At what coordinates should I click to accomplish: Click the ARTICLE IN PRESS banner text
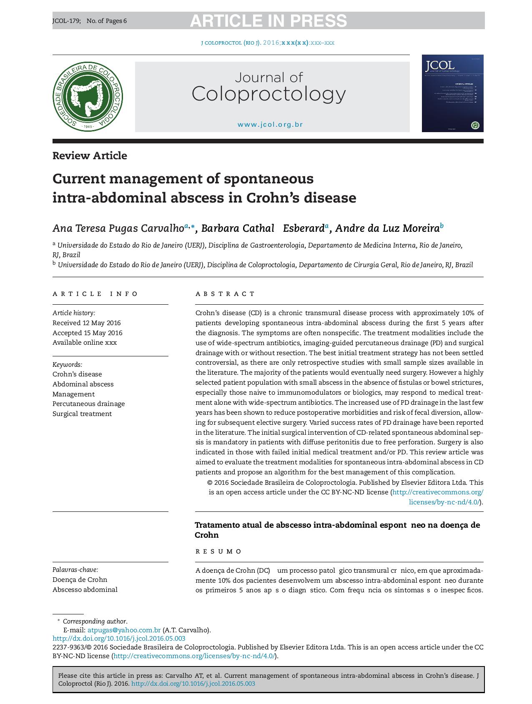[x=268, y=20]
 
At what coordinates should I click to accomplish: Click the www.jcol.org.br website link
[x=270, y=124]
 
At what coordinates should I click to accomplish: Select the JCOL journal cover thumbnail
[x=452, y=93]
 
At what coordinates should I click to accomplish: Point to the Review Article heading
[x=90, y=155]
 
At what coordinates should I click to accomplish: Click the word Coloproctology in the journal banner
[x=269, y=94]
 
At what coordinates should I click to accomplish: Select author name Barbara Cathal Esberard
[x=263, y=228]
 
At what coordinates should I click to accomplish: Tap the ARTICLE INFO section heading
[x=95, y=294]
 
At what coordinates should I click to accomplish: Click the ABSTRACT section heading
[x=225, y=294]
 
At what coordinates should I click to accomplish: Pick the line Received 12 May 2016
[x=87, y=323]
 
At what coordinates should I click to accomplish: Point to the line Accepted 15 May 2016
[x=88, y=333]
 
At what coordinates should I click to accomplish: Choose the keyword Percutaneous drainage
[x=88, y=403]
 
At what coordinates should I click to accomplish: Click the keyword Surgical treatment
[x=82, y=413]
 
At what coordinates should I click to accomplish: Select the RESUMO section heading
[x=218, y=551]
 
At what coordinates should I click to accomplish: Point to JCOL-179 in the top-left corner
[x=66, y=20]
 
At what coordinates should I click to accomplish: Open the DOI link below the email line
[x=119, y=638]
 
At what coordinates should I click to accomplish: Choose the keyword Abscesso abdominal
[x=85, y=589]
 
